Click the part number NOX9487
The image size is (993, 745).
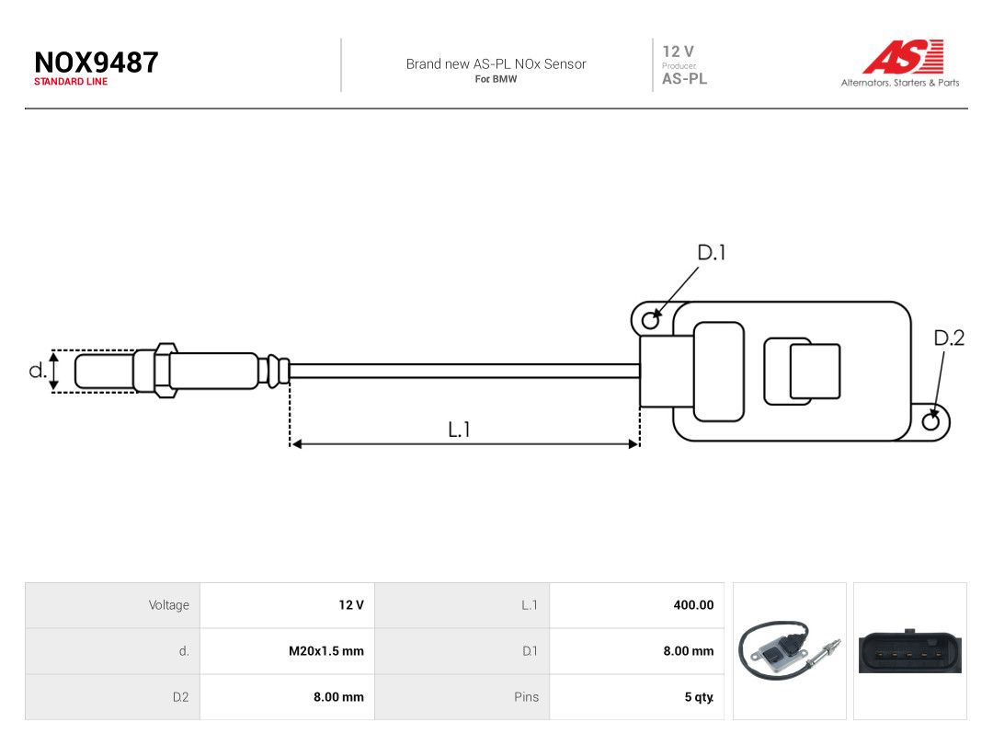pos(97,63)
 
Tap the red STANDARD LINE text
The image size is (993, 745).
pos(71,82)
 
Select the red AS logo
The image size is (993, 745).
pos(903,56)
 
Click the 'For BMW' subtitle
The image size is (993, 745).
pos(496,79)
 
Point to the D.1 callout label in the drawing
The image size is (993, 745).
pos(711,253)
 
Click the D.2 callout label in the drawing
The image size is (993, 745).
pos(949,338)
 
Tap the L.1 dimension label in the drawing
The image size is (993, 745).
pos(459,430)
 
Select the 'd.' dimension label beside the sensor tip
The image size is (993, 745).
pos(38,370)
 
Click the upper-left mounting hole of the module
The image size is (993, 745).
pos(650,321)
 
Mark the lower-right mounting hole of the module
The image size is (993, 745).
pos(930,421)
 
